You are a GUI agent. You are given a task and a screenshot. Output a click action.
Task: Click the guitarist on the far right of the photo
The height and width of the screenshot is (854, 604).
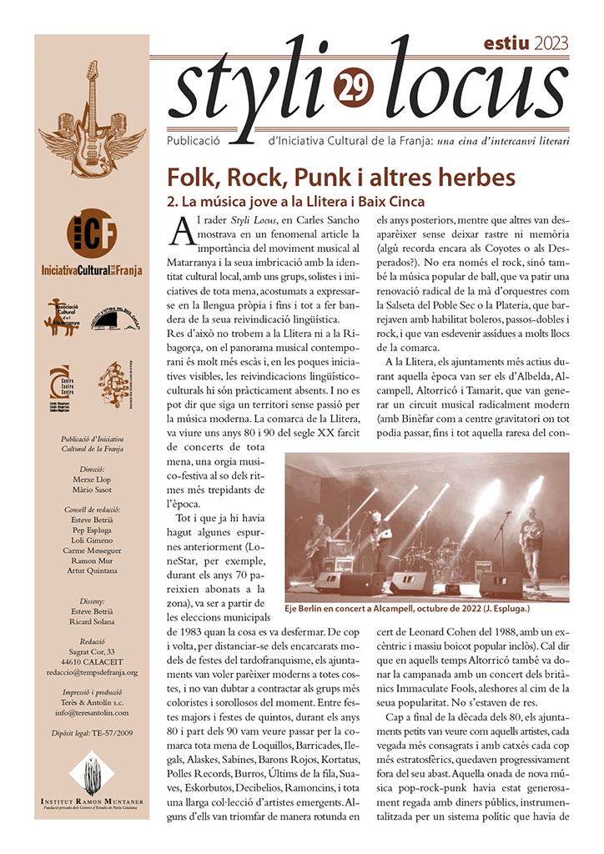[531, 545]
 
